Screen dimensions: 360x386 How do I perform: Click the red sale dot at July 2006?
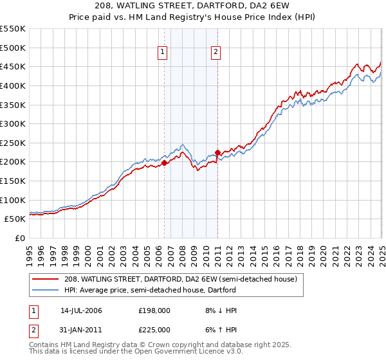[164, 163]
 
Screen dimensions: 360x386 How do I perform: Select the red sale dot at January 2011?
[217, 152]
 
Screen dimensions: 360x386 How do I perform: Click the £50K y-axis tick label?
[15, 219]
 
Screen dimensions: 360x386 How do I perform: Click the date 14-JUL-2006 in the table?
[81, 310]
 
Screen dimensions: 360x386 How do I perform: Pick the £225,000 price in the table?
[154, 329]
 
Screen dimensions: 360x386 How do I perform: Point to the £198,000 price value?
[154, 310]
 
